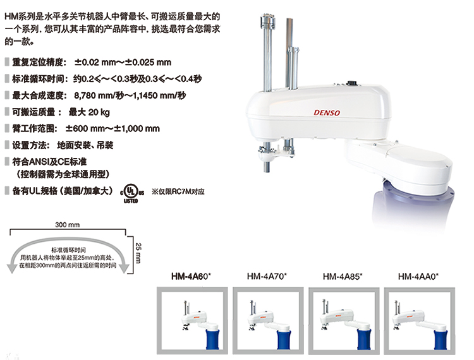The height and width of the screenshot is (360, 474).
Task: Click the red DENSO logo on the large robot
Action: pyautogui.click(x=327, y=112)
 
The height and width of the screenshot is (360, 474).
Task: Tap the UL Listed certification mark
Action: pyautogui.click(x=132, y=193)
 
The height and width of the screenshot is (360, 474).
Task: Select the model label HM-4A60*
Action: pyautogui.click(x=191, y=277)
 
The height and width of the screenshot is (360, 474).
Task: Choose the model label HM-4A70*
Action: pyautogui.click(x=267, y=277)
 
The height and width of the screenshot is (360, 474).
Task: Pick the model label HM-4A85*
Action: pyautogui.click(x=343, y=277)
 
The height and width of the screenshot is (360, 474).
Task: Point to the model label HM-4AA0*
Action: pyautogui.click(x=418, y=277)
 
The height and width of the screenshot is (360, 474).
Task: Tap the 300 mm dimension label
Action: pyautogui.click(x=68, y=225)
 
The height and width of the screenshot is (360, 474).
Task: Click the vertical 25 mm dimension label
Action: pyautogui.click(x=138, y=253)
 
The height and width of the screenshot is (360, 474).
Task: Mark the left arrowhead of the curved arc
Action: pyautogui.click(x=12, y=268)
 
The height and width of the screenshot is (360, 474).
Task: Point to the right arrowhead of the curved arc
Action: pyautogui.click(x=124, y=268)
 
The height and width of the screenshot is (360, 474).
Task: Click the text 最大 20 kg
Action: pyautogui.click(x=89, y=112)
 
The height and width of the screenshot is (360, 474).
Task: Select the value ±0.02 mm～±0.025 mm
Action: pyautogui.click(x=123, y=63)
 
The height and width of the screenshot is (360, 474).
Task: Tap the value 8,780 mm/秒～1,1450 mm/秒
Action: pyautogui.click(x=130, y=95)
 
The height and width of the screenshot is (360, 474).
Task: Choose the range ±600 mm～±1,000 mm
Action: pyautogui.click(x=112, y=129)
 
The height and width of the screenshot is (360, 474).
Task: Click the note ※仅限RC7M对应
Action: pyautogui.click(x=178, y=191)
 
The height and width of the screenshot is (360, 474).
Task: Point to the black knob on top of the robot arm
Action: pyautogui.click(x=351, y=83)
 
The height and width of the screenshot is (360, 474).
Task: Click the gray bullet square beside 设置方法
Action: pyautogui.click(x=7, y=145)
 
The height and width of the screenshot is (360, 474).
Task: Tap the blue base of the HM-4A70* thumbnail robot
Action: pyautogui.click(x=284, y=339)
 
